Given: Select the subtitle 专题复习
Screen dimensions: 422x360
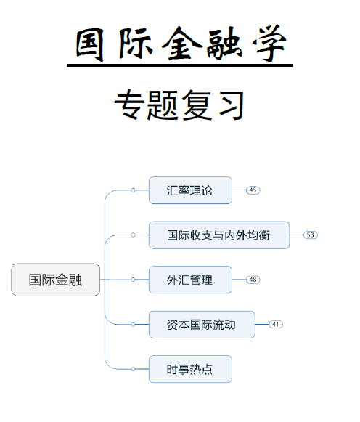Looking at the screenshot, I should (179, 106).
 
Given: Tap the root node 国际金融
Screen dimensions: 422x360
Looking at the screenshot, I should (55, 280).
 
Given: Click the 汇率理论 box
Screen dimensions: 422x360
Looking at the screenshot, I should (190, 190).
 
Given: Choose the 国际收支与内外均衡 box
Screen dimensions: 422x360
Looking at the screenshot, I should (218, 235).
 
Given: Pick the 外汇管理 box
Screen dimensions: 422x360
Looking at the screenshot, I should (190, 280).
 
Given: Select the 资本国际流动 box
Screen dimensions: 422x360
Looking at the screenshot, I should (202, 324).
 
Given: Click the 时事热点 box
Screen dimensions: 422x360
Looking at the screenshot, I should (190, 369).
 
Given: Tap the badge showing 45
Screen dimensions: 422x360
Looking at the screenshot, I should (253, 190).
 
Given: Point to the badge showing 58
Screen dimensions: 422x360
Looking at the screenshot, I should (311, 235).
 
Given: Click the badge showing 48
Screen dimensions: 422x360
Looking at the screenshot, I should (253, 280).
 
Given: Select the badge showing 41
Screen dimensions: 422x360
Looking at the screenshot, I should (276, 324).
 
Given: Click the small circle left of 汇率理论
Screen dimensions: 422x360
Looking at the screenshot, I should (133, 190).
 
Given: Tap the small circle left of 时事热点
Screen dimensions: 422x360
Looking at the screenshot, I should (133, 369).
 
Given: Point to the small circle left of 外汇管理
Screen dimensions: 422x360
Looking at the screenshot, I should (133, 280).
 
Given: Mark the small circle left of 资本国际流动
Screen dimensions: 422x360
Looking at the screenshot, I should (133, 324).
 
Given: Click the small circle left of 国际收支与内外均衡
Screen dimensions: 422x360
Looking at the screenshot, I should (133, 235).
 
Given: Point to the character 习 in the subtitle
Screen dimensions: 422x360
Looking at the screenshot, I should (228, 106).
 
